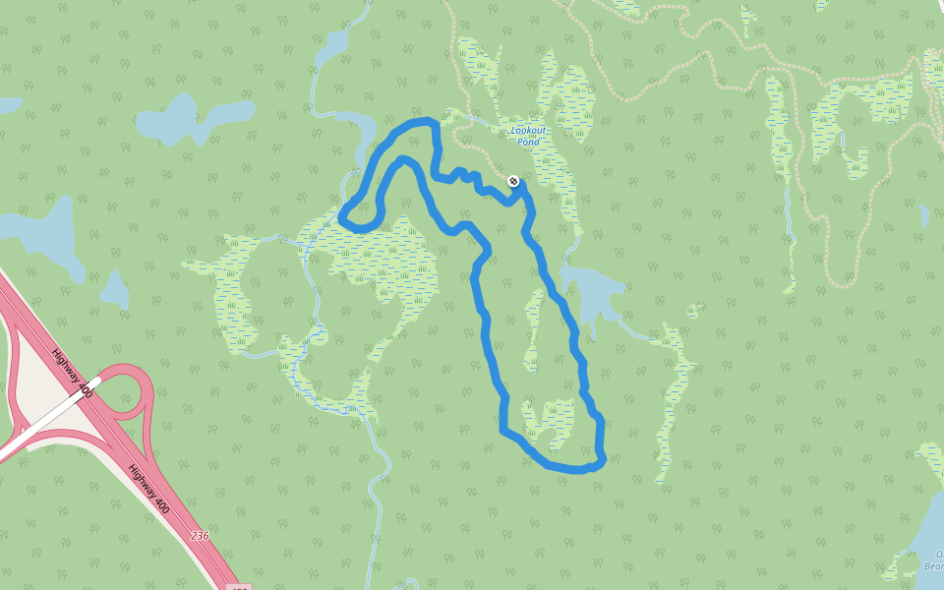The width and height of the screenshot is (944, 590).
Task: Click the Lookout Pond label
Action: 529,136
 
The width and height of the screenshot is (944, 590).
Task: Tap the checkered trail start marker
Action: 512,181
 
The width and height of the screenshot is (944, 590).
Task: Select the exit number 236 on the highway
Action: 200,536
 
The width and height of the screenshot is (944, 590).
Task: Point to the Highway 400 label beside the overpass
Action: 74,376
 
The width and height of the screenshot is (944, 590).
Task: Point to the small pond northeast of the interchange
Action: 115,290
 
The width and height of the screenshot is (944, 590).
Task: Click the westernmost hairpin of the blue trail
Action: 342,217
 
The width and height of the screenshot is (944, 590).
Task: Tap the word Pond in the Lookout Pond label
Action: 529,143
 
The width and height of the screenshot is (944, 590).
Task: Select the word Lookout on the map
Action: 529,130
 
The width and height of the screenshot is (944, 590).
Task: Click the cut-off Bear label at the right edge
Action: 933,565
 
